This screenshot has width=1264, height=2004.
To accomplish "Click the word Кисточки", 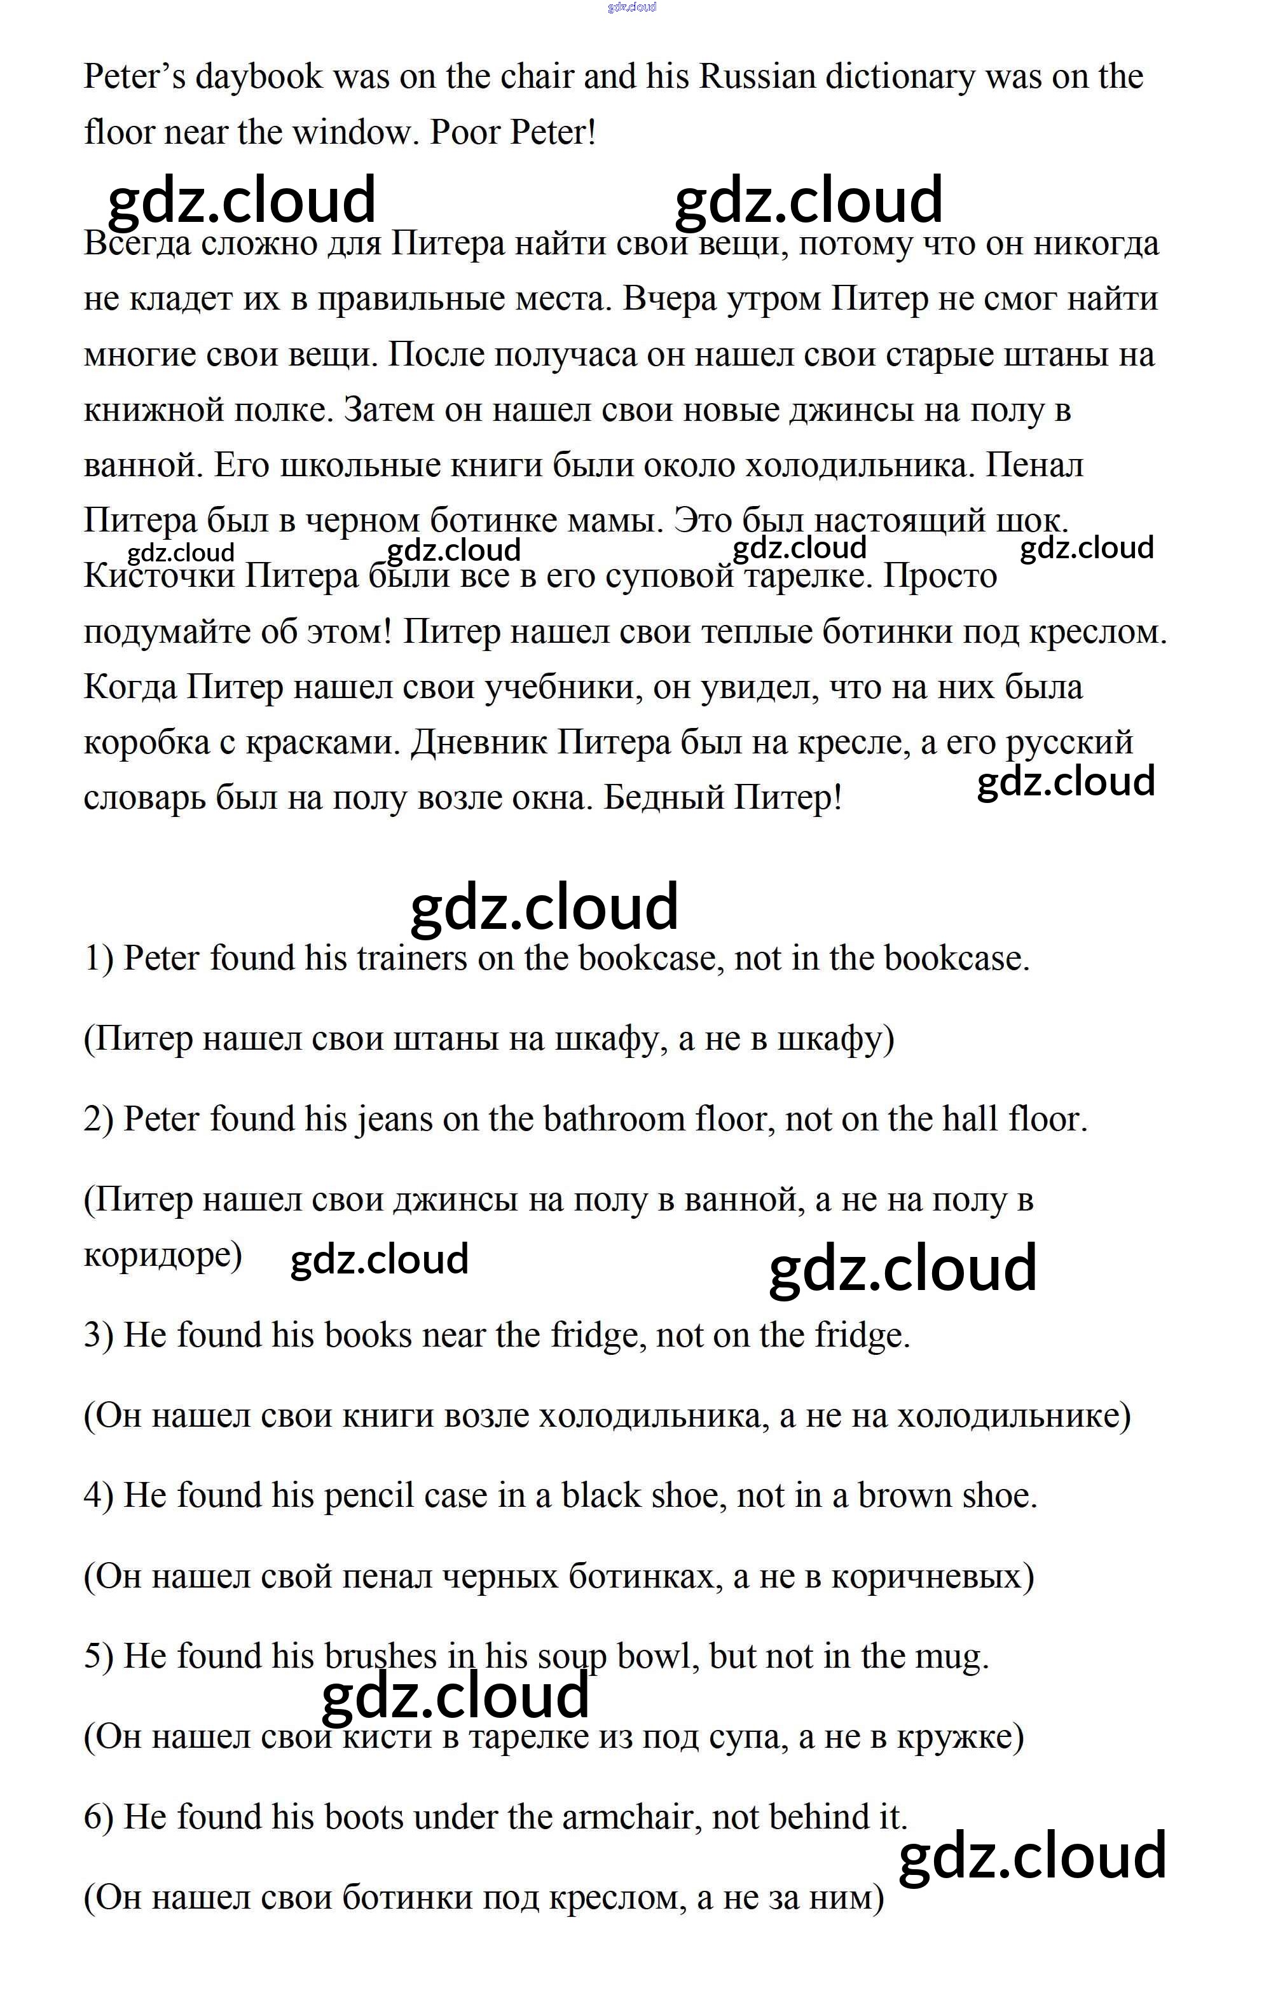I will (x=159, y=577).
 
